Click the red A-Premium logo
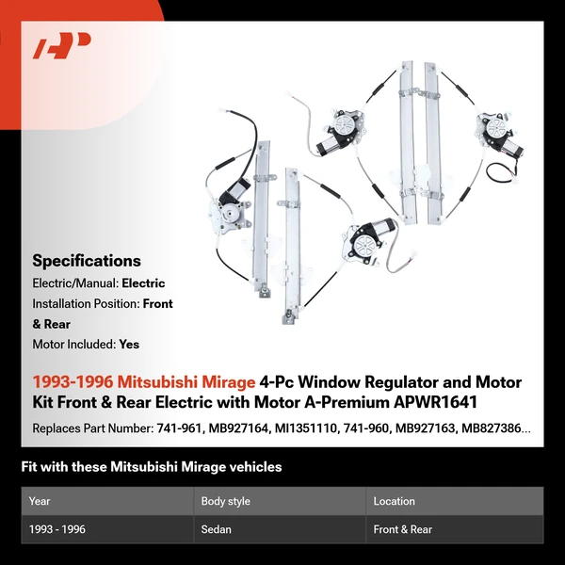[62, 45]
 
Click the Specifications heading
[87, 261]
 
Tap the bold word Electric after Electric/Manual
[143, 282]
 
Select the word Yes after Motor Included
[129, 344]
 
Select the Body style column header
[225, 501]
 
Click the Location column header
[394, 501]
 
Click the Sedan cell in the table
[217, 529]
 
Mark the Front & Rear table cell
[403, 529]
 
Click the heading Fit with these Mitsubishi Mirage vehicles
[151, 467]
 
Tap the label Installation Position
[85, 304]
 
